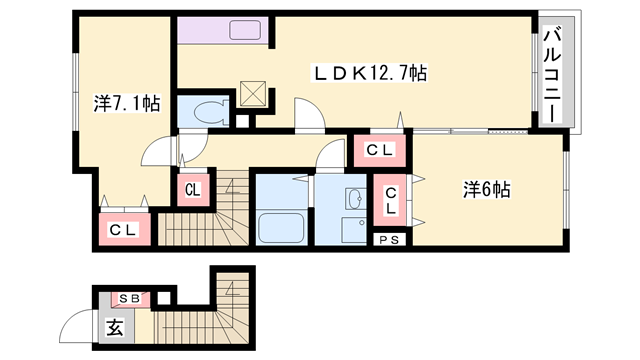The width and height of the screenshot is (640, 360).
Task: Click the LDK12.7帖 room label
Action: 370,73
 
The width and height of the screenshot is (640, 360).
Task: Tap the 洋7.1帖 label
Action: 127,104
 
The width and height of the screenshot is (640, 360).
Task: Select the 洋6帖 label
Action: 487,190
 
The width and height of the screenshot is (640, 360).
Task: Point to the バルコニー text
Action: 552,74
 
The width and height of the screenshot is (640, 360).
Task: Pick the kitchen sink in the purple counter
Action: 245,30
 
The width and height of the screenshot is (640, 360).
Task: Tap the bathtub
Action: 282,228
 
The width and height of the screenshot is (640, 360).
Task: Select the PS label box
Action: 390,240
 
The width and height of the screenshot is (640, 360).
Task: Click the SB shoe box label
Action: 130,299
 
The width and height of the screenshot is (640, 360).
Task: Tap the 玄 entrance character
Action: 115,327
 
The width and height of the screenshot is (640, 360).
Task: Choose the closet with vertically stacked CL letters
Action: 390,200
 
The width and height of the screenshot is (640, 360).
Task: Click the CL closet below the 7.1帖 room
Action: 124,230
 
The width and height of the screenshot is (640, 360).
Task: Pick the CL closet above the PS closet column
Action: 380,150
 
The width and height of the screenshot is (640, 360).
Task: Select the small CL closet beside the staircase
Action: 193,190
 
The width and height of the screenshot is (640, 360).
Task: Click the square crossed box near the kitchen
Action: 253,94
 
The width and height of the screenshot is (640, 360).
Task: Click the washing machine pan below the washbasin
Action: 354,230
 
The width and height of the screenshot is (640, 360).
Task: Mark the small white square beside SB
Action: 164,298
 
